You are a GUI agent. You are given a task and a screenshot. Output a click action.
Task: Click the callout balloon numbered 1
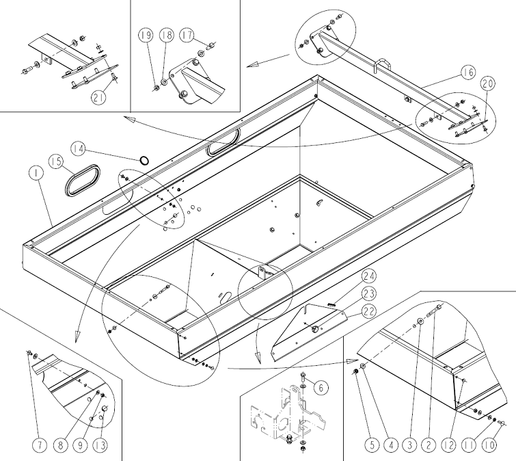coord(37,173)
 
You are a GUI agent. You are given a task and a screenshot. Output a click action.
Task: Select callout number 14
coord(79,149)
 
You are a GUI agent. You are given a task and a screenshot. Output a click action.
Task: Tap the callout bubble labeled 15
coord(57,161)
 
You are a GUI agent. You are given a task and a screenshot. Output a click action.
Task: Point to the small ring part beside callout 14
coord(144,160)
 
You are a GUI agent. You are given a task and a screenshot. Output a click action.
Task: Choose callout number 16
coord(468,72)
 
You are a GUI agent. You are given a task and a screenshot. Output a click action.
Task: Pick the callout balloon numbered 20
coord(488,83)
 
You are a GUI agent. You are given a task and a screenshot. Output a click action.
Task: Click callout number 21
coord(99,97)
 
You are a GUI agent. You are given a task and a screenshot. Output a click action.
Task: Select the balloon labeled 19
coord(146,36)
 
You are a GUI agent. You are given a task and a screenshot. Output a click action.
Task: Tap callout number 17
coord(187,36)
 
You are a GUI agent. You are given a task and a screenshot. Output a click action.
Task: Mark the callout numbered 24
coord(369,276)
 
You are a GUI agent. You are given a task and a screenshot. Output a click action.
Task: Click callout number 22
coord(369,311)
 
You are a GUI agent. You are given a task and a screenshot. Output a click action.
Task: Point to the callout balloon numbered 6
coord(321,388)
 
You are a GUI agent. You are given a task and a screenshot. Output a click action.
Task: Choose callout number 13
coord(100,445)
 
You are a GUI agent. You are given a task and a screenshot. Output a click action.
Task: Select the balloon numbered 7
coord(40,445)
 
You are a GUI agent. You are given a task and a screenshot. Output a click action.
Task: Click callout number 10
coord(489,445)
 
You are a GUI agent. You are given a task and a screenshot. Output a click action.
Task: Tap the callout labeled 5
coord(372,445)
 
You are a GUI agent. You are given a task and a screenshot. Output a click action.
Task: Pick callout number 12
coord(449,445)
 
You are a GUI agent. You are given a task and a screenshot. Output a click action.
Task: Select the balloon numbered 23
coord(369,293)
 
